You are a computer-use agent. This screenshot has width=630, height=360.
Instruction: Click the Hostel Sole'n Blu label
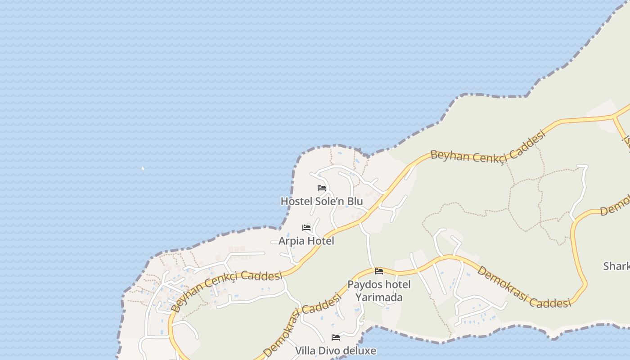pyautogui.click(x=321, y=201)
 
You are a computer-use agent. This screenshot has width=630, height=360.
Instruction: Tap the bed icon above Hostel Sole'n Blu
pyautogui.click(x=321, y=188)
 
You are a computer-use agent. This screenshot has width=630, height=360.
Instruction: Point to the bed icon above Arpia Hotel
pyautogui.click(x=306, y=228)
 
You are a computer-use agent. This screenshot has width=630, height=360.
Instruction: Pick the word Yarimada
pyautogui.click(x=379, y=297)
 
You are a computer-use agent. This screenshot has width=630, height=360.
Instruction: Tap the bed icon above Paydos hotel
pyautogui.click(x=379, y=271)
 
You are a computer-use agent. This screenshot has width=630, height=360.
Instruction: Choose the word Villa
pyautogui.click(x=304, y=351)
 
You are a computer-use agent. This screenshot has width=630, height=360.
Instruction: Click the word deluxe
pyautogui.click(x=360, y=351)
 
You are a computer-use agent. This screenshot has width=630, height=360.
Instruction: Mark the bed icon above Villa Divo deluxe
pyautogui.click(x=335, y=337)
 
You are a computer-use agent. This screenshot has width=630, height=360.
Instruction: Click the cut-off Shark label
pyautogui.click(x=616, y=266)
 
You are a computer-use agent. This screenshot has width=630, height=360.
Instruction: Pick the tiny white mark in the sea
pyautogui.click(x=143, y=168)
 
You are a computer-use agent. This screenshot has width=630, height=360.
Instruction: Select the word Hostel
pyautogui.click(x=296, y=201)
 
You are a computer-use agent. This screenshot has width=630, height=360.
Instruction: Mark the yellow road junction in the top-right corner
pyautogui.click(x=615, y=117)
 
